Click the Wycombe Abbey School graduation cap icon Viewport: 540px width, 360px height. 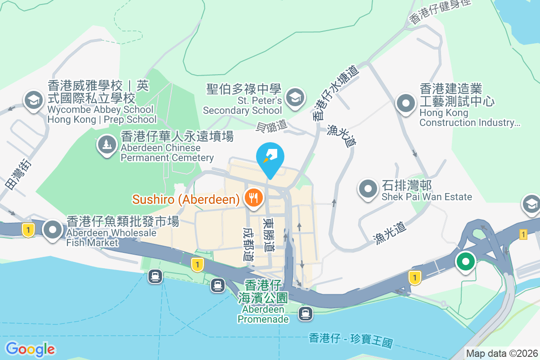click(x=33, y=100)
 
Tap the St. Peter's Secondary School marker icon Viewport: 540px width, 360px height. click(x=295, y=97)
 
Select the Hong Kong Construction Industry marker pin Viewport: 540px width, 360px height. click(x=405, y=103)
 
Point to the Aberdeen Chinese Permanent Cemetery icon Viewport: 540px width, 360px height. click(x=107, y=144)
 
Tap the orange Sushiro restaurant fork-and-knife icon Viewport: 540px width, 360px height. click(x=253, y=197)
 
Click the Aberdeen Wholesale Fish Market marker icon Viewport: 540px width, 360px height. click(x=53, y=230)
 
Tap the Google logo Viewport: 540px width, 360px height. click(x=30, y=349)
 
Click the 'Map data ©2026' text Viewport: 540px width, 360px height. click(x=502, y=353)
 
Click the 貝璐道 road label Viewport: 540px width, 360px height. click(x=271, y=125)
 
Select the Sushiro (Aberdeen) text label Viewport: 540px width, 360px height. click(x=185, y=199)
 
